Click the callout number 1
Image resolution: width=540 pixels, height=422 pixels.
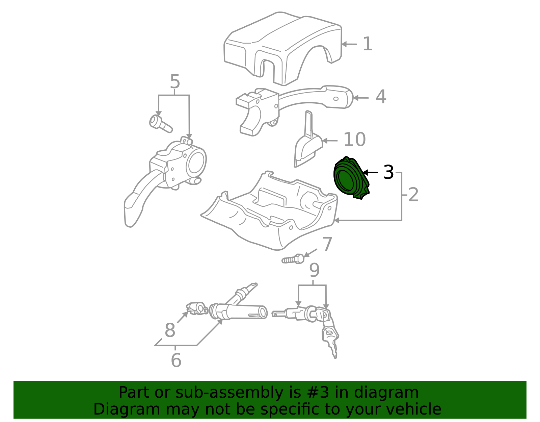point(368,44)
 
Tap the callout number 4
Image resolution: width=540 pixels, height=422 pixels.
point(381,97)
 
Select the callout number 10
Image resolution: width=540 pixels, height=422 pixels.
point(355,140)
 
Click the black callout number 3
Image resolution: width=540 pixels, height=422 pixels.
point(388,172)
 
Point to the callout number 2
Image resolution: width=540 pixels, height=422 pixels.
point(413,195)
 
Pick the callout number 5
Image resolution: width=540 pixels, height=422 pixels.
point(175,81)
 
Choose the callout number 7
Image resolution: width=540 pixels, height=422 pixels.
point(327,244)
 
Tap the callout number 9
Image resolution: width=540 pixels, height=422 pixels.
point(314,270)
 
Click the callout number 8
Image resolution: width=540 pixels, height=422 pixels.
point(170,330)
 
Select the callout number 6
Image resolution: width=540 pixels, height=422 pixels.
point(176,360)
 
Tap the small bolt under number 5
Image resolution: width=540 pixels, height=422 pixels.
point(161,124)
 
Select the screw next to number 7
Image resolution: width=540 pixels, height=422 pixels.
point(293,259)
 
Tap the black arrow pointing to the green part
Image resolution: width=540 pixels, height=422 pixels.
point(371,172)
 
